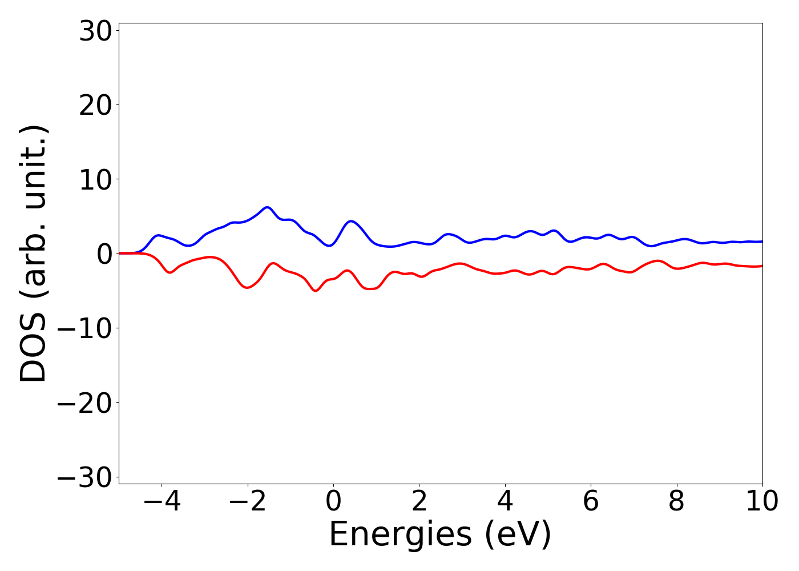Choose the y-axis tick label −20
pyautogui.click(x=85, y=403)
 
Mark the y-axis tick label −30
pyautogui.click(x=85, y=477)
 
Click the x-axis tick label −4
pyautogui.click(x=162, y=501)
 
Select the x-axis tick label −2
pyautogui.click(x=247, y=501)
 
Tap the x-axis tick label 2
pyautogui.click(x=419, y=501)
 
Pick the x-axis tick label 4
pyautogui.click(x=505, y=501)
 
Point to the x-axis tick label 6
pyautogui.click(x=591, y=501)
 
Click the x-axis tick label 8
pyautogui.click(x=677, y=501)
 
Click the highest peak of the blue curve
pyautogui.click(x=267, y=207)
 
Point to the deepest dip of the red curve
pyautogui.click(x=316, y=291)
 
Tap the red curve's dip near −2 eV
pyautogui.click(x=247, y=287)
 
